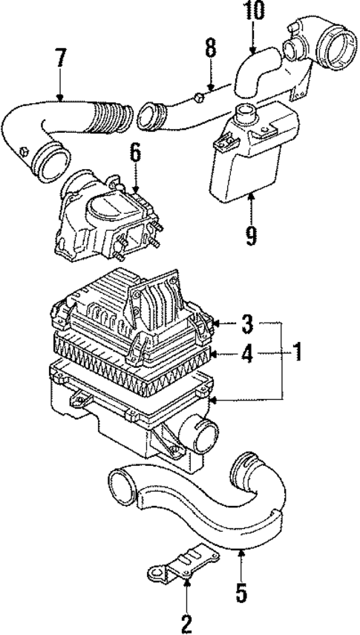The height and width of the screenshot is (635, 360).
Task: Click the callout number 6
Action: [135, 154]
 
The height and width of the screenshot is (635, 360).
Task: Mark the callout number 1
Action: [297, 352]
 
